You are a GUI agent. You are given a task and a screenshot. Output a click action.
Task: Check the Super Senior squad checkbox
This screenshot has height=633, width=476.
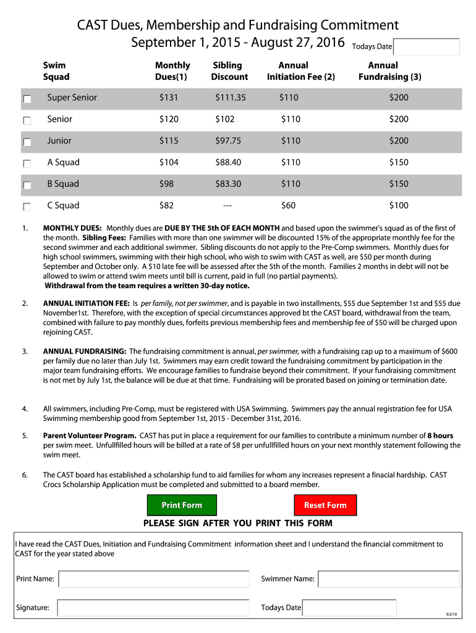[27, 99]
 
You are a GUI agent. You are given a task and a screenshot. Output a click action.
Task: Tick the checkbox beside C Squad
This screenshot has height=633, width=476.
[27, 207]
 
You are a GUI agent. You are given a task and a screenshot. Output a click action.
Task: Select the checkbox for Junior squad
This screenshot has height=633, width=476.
[27, 142]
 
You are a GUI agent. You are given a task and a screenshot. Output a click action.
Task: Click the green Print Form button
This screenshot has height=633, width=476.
[182, 505]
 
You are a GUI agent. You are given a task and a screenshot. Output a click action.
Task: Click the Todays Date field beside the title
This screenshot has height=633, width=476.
[426, 47]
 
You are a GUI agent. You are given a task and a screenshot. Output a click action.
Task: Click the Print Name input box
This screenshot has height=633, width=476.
[153, 579]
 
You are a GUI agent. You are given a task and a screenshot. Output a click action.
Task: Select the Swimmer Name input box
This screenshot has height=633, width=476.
[388, 579]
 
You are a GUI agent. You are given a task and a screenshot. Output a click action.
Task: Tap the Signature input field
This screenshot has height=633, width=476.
[153, 608]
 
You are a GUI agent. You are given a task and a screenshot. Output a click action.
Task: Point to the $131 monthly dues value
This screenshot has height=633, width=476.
[168, 98]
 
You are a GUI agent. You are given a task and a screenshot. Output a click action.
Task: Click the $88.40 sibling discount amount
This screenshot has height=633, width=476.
[228, 163]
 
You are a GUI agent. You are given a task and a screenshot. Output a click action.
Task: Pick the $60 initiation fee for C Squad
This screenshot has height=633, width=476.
[288, 206]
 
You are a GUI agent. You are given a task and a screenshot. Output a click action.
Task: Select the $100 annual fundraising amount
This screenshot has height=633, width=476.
[398, 206]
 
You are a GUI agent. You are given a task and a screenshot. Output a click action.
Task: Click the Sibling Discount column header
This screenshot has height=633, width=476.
[229, 71]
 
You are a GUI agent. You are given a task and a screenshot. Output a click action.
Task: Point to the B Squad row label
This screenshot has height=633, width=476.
[63, 184]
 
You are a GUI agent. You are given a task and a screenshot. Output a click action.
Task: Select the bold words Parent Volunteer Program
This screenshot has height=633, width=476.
[90, 436]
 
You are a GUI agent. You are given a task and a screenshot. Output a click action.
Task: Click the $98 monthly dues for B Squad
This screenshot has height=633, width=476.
[166, 184]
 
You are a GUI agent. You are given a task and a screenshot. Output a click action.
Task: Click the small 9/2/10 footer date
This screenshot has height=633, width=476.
[451, 614]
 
